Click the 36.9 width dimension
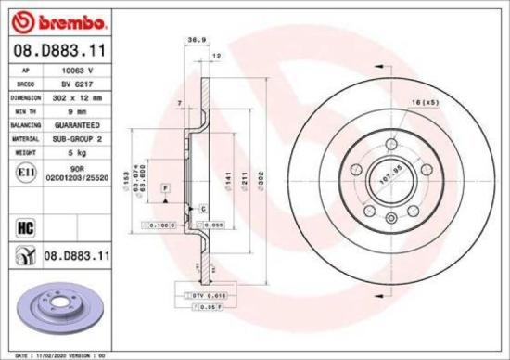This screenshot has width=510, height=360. pos(196,40)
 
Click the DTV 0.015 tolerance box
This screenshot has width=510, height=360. pos(214,294)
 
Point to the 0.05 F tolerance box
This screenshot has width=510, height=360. pos(213,305)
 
